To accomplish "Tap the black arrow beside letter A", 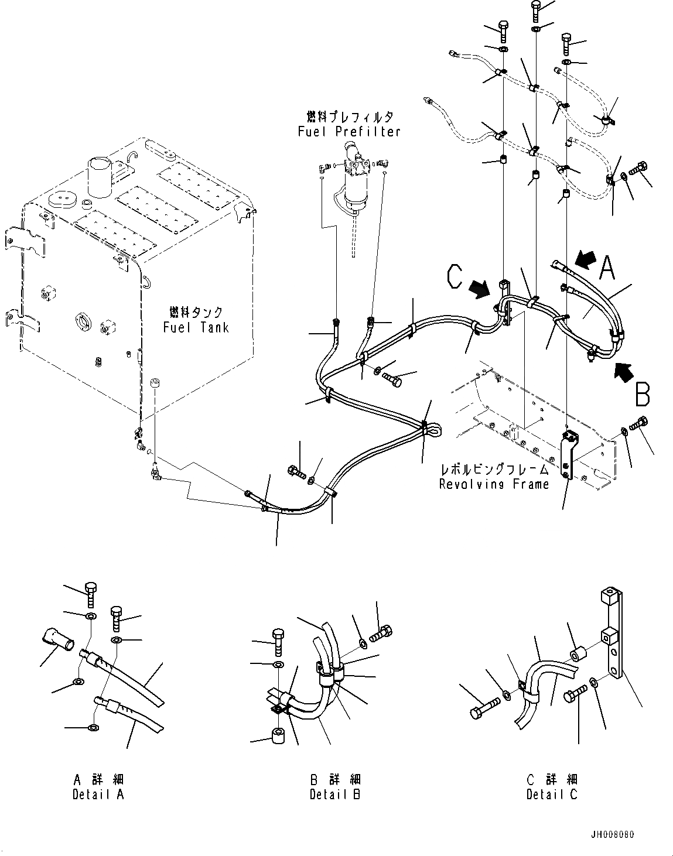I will pos(586,258).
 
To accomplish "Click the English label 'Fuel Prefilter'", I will pos(349,132).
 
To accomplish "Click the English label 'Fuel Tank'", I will pos(196,327).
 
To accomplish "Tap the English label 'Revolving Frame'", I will pos(494,484).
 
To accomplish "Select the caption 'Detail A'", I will pos(98,794).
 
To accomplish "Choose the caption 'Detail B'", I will pos(335,794).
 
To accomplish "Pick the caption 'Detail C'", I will pos(551,794).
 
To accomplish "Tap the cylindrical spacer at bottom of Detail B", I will pos(277,735).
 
